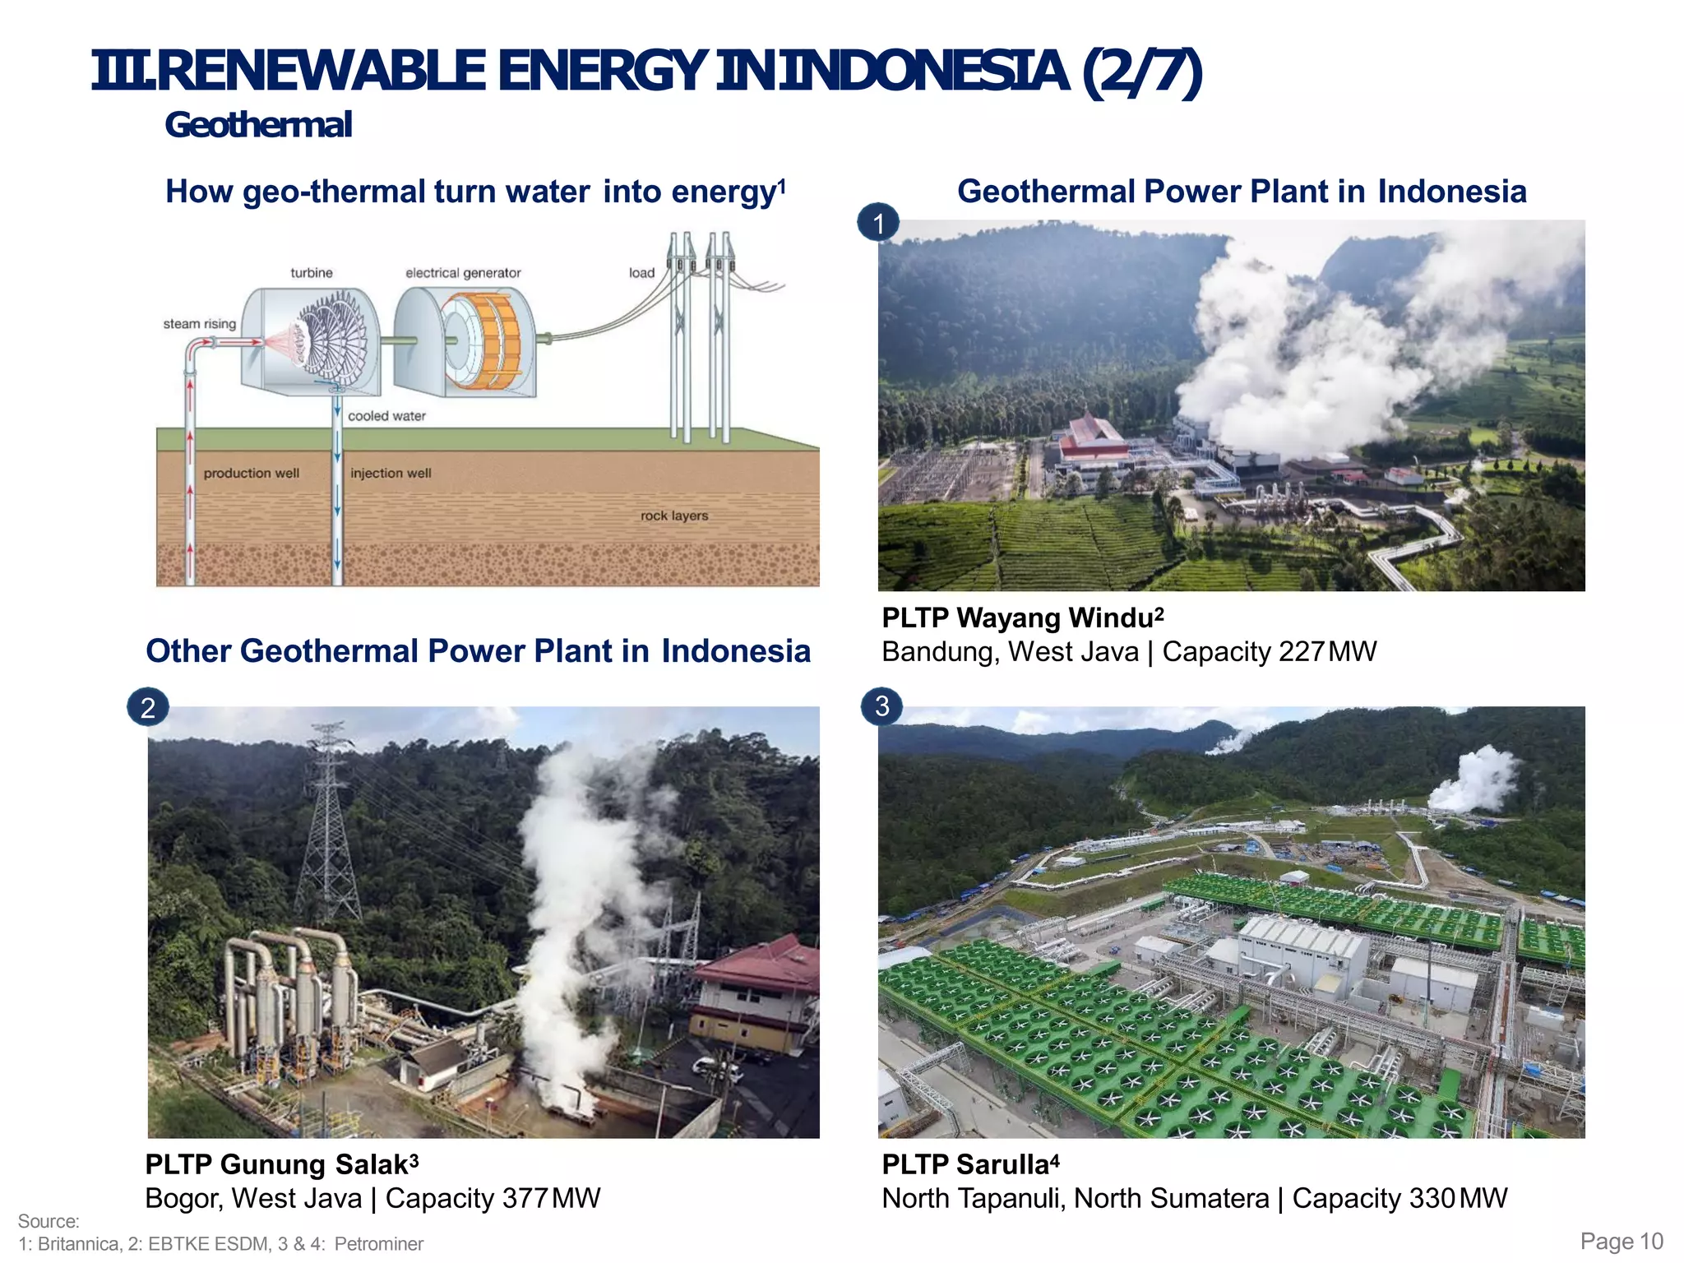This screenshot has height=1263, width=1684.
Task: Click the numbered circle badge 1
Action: [x=878, y=223]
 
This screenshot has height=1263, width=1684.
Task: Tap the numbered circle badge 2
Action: [x=148, y=707]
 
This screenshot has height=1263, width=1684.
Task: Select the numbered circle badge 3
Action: [x=881, y=706]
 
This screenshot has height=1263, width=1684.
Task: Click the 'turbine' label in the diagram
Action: [x=311, y=272]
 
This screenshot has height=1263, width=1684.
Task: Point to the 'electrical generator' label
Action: [x=463, y=273]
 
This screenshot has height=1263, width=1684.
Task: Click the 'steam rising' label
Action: [x=199, y=324]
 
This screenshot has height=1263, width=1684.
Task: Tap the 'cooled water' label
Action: [x=386, y=416]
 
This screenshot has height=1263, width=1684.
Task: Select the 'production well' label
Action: [x=251, y=473]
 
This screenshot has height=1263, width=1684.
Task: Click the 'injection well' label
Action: [x=391, y=473]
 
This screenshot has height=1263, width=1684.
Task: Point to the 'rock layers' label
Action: [x=673, y=516]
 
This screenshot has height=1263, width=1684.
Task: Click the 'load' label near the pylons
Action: [x=641, y=273]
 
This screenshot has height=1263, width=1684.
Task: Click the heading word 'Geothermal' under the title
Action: [x=258, y=125]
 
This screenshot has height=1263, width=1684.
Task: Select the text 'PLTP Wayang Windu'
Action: [x=1017, y=618]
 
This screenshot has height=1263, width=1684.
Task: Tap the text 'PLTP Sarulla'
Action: [x=965, y=1165]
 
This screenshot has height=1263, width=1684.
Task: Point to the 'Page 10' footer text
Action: [x=1622, y=1241]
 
